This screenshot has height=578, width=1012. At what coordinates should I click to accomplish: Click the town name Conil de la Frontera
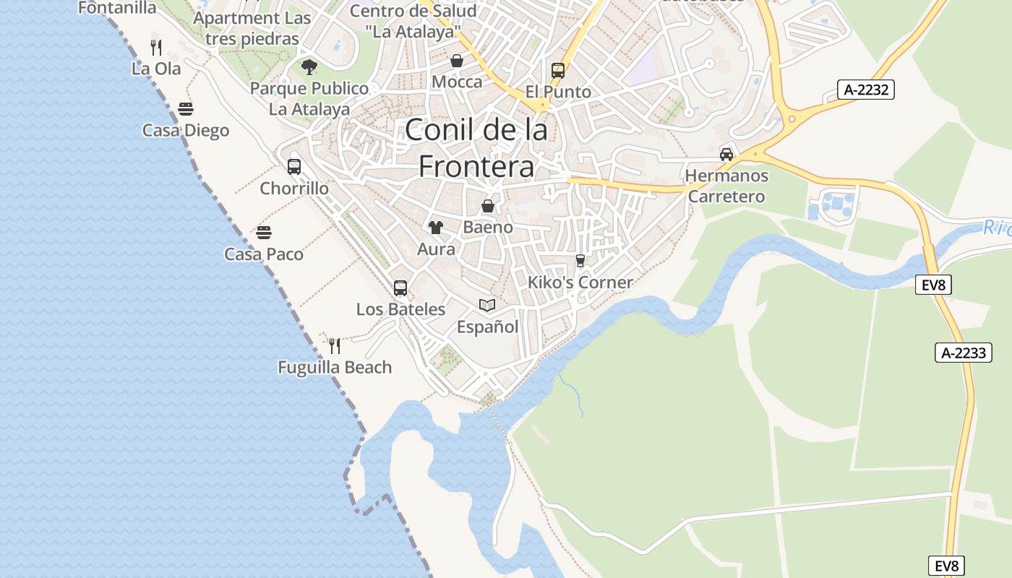click(x=476, y=148)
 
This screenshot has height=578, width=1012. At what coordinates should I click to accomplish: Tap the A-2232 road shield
click(x=866, y=90)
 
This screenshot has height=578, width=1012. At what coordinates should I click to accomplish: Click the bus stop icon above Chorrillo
click(x=294, y=167)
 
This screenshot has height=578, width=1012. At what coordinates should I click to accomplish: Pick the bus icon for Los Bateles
click(x=400, y=288)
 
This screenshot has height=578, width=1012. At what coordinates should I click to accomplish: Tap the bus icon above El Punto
click(x=558, y=71)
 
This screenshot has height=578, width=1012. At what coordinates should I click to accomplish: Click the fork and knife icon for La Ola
click(x=155, y=48)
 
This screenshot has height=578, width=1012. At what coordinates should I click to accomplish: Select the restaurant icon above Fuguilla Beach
click(x=335, y=346)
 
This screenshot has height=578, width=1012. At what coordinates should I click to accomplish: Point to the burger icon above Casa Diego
click(x=186, y=109)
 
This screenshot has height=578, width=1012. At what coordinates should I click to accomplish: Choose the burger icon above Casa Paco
click(x=264, y=233)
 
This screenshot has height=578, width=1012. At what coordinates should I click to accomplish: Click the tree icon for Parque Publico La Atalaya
click(x=309, y=68)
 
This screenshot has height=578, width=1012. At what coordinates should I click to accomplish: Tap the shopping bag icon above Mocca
click(x=457, y=61)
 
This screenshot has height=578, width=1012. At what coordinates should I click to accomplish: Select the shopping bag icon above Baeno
click(x=488, y=206)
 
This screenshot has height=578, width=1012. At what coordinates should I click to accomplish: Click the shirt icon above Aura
click(x=435, y=228)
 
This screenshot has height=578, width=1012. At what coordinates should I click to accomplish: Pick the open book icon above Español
click(x=488, y=306)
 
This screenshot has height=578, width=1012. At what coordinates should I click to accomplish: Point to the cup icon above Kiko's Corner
click(x=580, y=261)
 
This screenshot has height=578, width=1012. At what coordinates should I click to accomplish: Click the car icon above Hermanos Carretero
click(x=726, y=154)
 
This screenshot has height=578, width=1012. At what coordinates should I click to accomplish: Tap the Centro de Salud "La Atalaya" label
click(x=413, y=21)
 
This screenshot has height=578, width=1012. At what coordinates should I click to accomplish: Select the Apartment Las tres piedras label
click(x=252, y=28)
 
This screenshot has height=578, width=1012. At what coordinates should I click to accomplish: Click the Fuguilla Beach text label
click(x=335, y=367)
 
